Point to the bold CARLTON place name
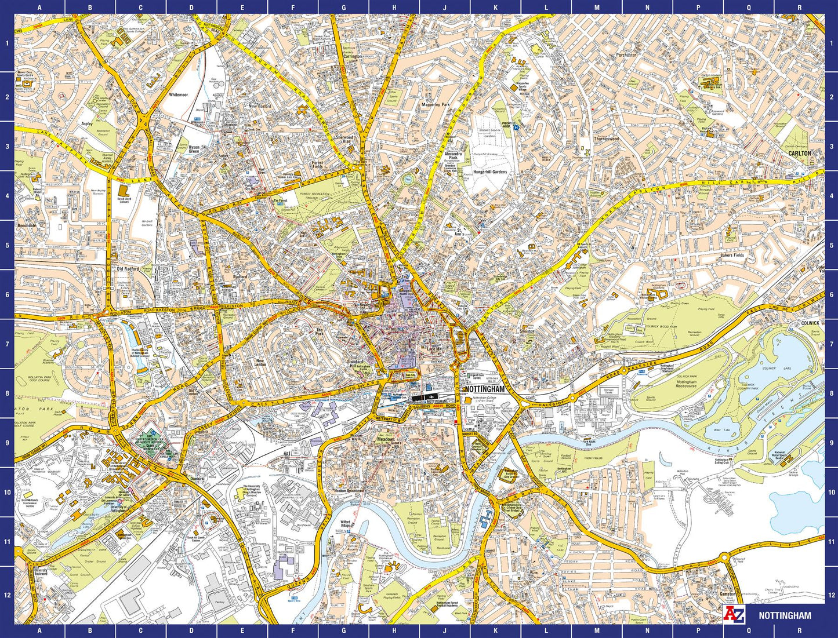799,154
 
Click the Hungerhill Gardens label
490,172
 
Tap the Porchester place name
626,55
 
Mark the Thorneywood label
606,139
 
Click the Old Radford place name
128,269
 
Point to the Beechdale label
27,225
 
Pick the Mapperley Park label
436,105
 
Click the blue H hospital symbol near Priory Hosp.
515,130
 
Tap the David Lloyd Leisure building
122,191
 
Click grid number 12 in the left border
7,595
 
